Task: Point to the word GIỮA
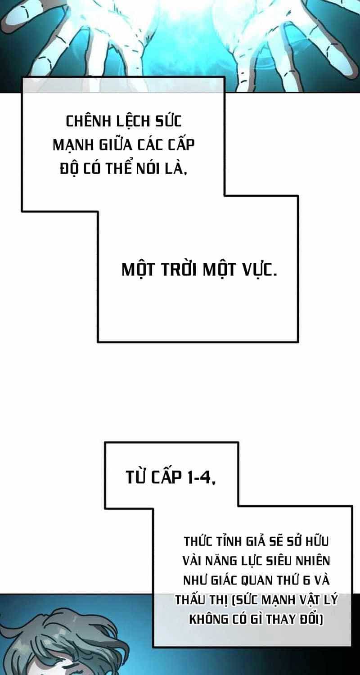pyautogui.click(x=116, y=144)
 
